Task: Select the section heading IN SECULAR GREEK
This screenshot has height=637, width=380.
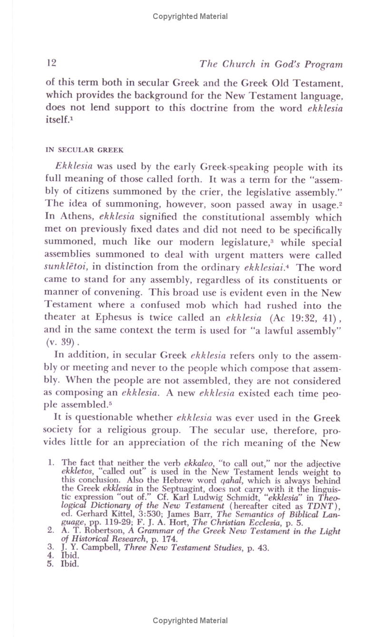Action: (x=85, y=150)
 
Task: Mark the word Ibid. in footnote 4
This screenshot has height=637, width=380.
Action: (x=69, y=556)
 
